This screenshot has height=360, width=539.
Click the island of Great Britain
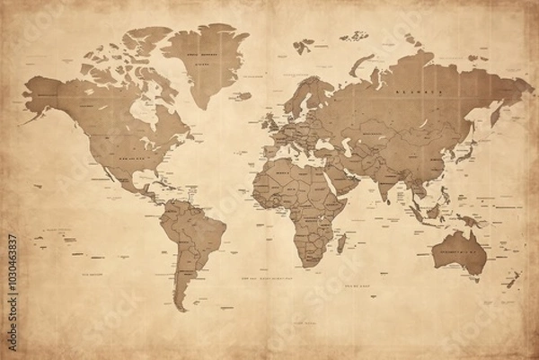pos(268,121)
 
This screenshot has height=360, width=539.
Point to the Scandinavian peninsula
pos(301,99)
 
